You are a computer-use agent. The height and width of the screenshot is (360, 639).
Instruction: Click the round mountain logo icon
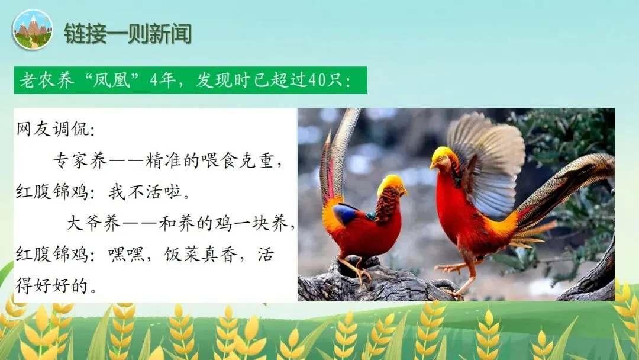tap(32, 30)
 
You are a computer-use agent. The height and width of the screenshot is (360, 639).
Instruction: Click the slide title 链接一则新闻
tap(127, 33)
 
